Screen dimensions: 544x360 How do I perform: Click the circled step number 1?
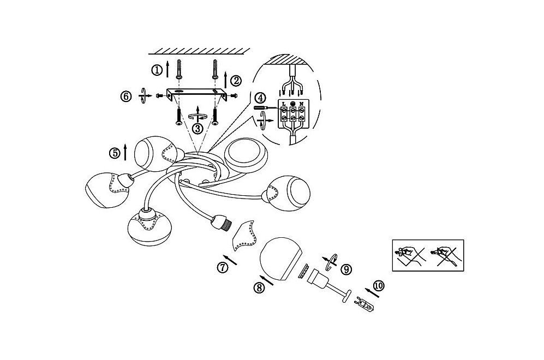click(x=157, y=70)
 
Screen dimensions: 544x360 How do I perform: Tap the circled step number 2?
click(x=236, y=81)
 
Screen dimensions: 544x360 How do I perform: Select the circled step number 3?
click(x=198, y=129)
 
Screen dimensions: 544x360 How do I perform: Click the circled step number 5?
click(x=115, y=153)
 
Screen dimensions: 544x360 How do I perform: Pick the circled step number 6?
click(x=126, y=96)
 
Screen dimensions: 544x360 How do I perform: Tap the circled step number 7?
click(x=223, y=267)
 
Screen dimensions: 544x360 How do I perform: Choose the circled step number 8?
click(x=259, y=287)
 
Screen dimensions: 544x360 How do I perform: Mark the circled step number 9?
click(x=346, y=269)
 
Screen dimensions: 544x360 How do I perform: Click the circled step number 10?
click(x=379, y=286)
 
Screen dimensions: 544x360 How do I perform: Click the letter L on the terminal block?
click(x=284, y=104)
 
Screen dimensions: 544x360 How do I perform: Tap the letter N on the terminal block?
click(x=302, y=104)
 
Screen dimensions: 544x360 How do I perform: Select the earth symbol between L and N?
click(x=293, y=103)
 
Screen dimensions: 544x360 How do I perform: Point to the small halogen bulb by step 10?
click(x=363, y=304)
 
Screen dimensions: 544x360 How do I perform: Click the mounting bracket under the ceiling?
click(x=197, y=94)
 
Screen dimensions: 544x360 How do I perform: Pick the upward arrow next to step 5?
click(x=125, y=152)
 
